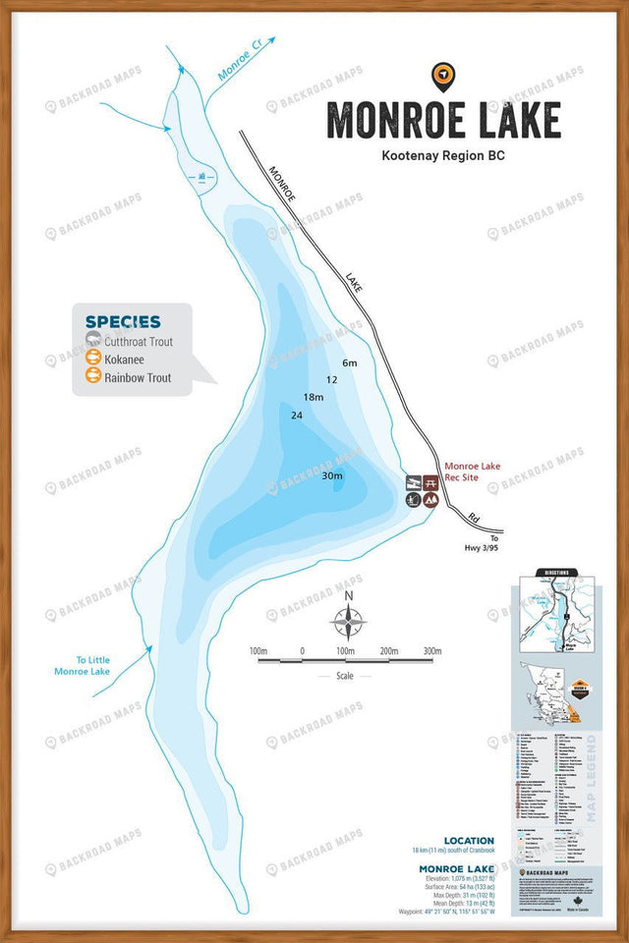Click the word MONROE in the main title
(389, 120)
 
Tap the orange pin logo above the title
(443, 74)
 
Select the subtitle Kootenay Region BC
(443, 155)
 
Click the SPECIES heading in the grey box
(123, 321)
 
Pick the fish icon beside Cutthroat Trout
(93, 341)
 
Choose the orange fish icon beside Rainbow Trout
(93, 377)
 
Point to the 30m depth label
(332, 476)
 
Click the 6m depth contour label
(350, 363)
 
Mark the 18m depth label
(314, 397)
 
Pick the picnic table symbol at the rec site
(415, 483)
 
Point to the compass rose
(348, 622)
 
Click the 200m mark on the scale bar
(388, 651)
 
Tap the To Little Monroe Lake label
(83, 665)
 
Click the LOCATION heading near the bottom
(468, 841)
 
